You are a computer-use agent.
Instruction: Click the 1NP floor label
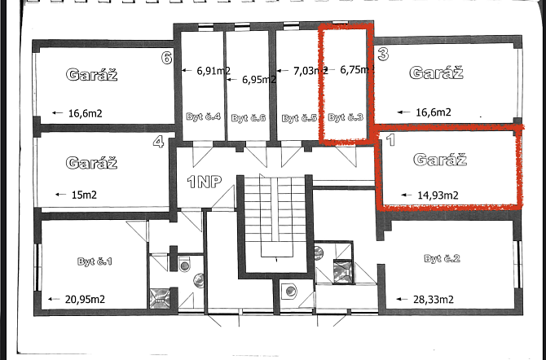[x=205, y=182]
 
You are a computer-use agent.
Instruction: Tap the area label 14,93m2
[x=438, y=195]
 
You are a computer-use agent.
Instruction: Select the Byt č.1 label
[x=95, y=261]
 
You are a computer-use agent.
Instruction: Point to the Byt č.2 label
[x=442, y=259]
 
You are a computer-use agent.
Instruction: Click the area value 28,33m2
[x=434, y=300]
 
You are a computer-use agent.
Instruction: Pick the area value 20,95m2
[x=85, y=299]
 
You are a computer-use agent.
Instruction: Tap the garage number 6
[x=167, y=58]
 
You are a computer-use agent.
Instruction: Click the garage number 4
[x=158, y=142]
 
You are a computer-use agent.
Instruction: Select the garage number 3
[x=383, y=55]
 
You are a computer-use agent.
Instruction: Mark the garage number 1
[x=390, y=140]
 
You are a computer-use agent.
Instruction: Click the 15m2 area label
[x=84, y=195]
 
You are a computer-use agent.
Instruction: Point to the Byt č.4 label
[x=204, y=116]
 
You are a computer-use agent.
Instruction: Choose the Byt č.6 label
[x=249, y=118]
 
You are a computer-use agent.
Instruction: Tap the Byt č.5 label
[x=299, y=118]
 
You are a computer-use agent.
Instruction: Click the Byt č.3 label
[x=346, y=117]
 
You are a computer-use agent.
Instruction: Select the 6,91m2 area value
[x=214, y=71]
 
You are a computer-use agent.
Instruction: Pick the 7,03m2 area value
[x=310, y=71]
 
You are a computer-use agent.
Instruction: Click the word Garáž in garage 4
[x=91, y=163]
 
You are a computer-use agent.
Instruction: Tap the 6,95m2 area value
[x=259, y=80]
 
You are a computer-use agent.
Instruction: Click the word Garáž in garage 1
[x=440, y=160]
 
